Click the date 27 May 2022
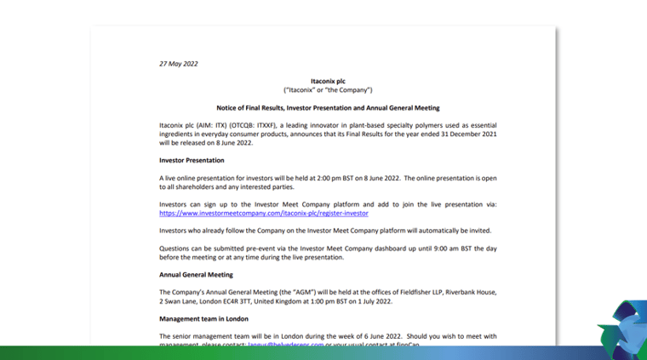[x=179, y=63]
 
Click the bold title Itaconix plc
[x=328, y=81]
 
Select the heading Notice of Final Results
[x=328, y=108]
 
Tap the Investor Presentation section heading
[x=192, y=160]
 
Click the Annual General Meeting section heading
[x=196, y=275]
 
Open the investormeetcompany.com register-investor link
[x=264, y=214]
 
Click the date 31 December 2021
[x=455, y=134]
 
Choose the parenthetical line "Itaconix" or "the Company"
[x=328, y=90]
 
